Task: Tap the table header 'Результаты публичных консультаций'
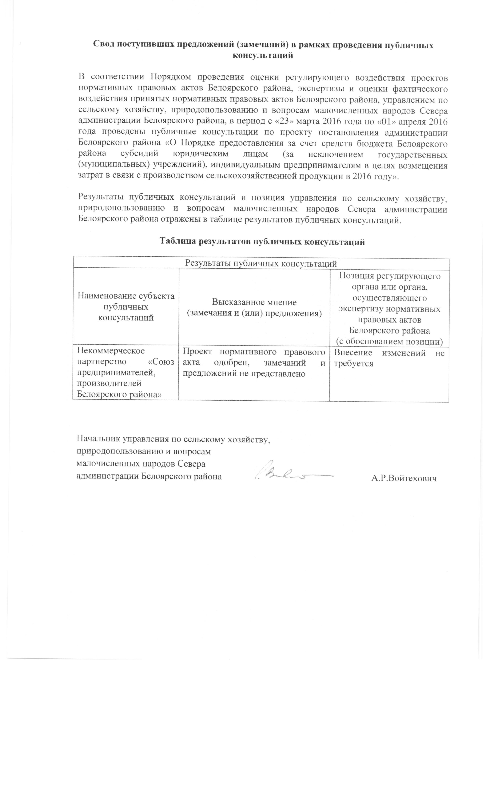coord(261,263)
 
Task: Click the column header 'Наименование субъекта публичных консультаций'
coord(126,307)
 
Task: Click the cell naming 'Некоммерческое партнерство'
coord(126,373)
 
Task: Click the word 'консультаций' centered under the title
coord(263,55)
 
